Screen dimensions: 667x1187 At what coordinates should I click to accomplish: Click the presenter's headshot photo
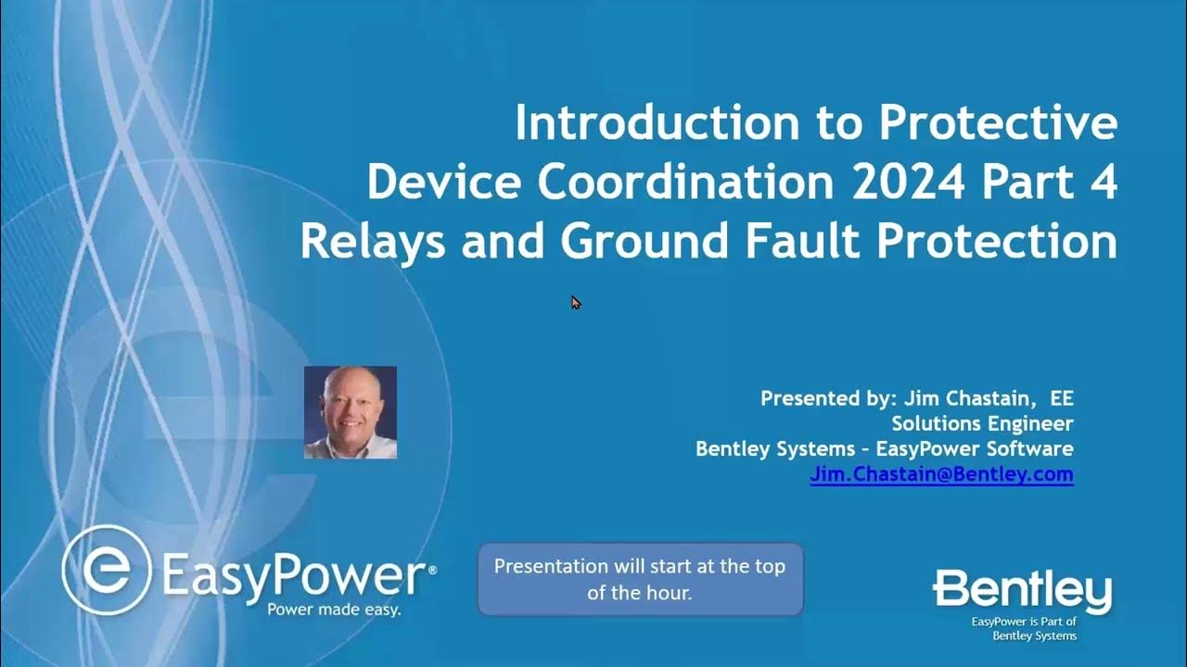[351, 412]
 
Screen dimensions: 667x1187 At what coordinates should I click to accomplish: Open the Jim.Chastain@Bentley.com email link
[941, 474]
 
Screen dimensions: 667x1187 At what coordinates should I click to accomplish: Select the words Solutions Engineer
[982, 423]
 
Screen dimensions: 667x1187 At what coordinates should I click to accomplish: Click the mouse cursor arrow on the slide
[575, 302]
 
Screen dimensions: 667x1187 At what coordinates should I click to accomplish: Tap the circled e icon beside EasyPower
[107, 569]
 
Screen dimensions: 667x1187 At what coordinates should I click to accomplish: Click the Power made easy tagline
[334, 610]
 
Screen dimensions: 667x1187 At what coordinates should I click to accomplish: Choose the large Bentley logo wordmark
[1022, 591]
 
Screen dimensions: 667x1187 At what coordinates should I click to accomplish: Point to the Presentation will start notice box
[640, 579]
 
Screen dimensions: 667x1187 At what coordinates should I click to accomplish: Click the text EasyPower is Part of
[1023, 623]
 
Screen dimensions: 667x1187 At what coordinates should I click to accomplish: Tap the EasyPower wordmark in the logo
[294, 576]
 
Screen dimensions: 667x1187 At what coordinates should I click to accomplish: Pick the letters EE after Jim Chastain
[1061, 398]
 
